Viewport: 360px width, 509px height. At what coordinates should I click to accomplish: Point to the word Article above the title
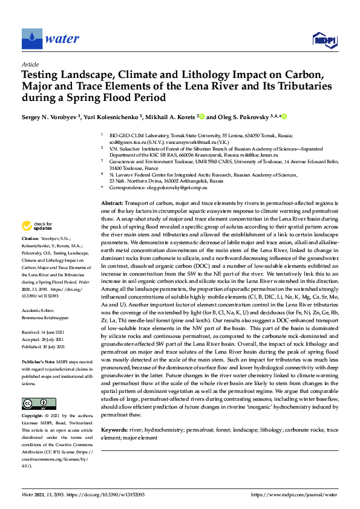coord(30,64)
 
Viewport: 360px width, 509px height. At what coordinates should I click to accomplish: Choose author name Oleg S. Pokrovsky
coord(241,117)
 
